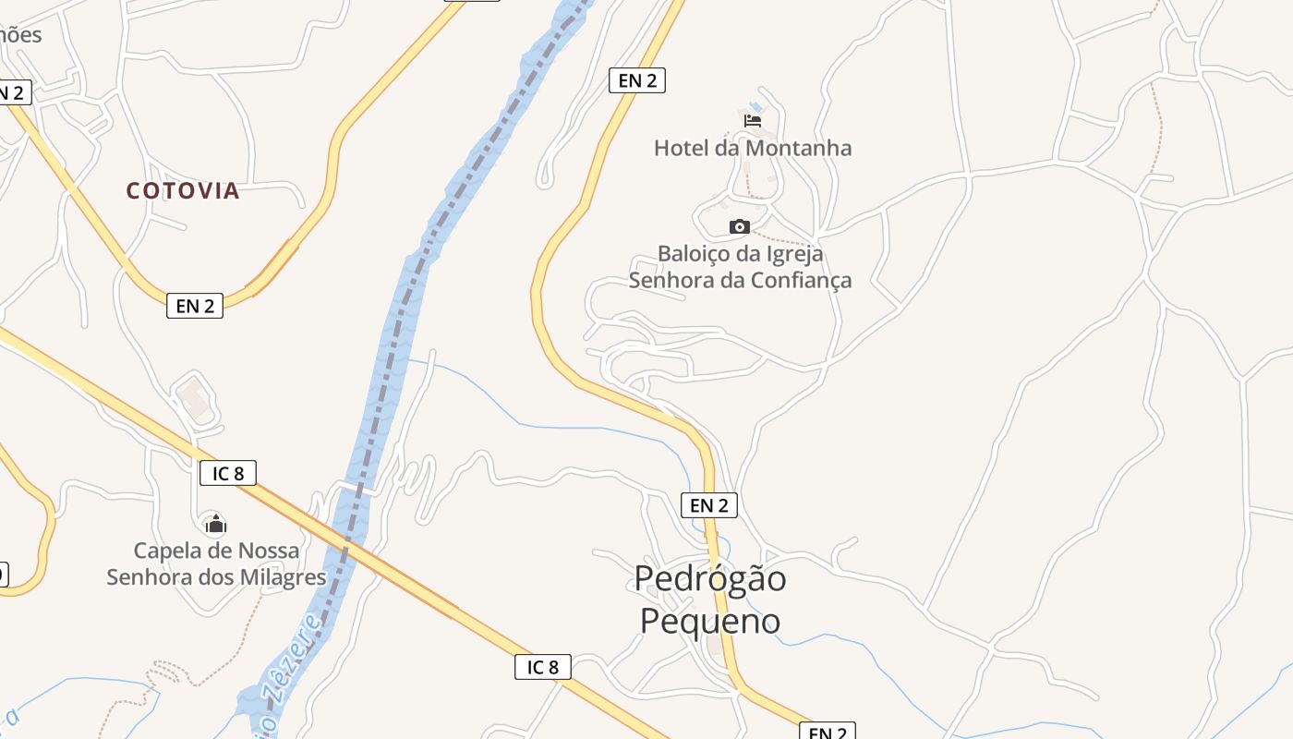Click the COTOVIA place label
(183, 190)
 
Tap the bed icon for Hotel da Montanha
(753, 120)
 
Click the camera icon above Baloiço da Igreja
(739, 226)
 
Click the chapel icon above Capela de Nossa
(215, 525)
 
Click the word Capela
(168, 551)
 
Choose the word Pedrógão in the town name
(710, 579)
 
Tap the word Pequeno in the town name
(710, 621)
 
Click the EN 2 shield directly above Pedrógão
(709, 505)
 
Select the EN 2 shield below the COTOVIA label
(195, 306)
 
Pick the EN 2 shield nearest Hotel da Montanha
(637, 80)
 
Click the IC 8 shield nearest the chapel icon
(228, 474)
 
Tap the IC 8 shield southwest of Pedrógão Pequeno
(543, 667)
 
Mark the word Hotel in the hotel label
(681, 148)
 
